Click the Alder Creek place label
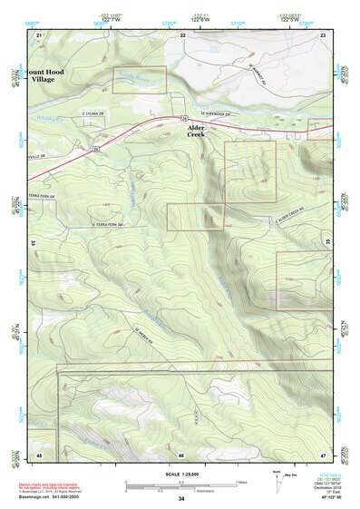coord(196,132)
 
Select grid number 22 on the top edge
coord(182,34)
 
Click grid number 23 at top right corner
coord(323,34)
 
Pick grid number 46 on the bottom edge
coord(181,454)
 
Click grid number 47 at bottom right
coord(323,453)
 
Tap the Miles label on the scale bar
coord(240,482)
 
